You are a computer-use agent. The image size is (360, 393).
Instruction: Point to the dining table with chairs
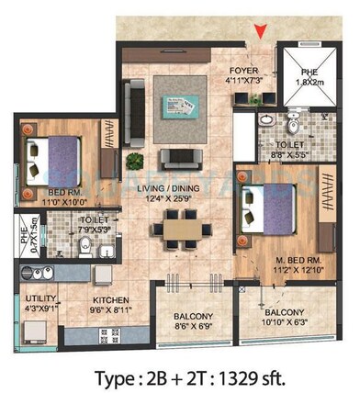pyautogui.click(x=173, y=226)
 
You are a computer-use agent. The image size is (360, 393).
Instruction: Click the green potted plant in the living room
pyautogui.click(x=136, y=161)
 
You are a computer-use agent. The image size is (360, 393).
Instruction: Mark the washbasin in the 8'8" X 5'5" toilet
pyautogui.click(x=264, y=121)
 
